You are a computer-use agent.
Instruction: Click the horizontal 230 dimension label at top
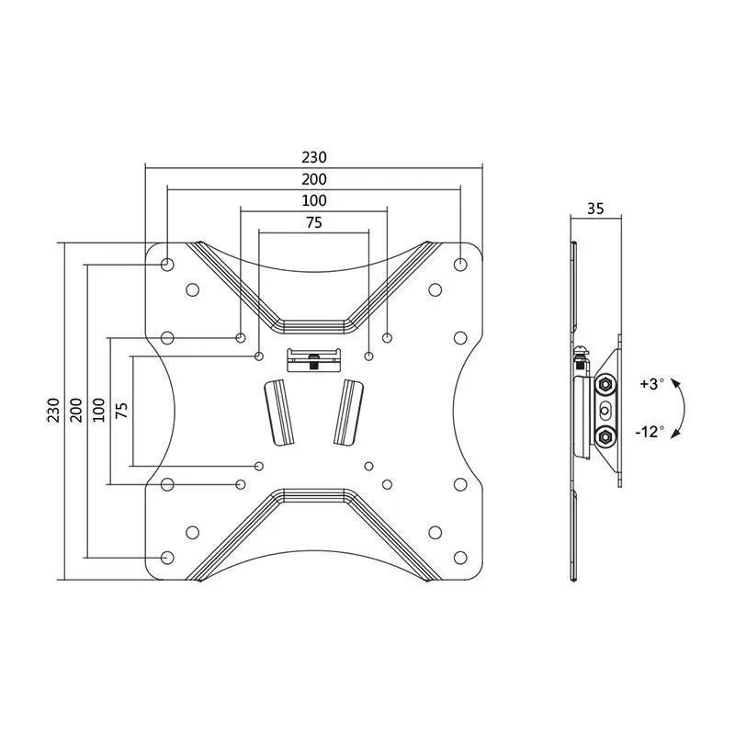[313, 157]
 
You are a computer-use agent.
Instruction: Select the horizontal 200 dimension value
[313, 179]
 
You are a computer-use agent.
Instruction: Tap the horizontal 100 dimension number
[313, 200]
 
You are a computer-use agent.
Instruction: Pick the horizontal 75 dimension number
[313, 221]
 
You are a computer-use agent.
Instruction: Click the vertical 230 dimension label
[53, 410]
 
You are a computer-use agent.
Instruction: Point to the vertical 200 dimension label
[75, 410]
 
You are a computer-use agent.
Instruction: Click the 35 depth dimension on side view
[594, 209]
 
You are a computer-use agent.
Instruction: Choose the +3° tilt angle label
[649, 384]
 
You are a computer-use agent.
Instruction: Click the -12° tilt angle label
[649, 431]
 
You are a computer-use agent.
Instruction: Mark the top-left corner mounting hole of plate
[167, 264]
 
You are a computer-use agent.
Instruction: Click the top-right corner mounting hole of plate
[460, 264]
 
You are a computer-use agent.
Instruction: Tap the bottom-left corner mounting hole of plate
[167, 557]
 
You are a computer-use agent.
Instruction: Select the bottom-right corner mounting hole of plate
[460, 557]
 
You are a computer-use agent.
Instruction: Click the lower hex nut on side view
[605, 435]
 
